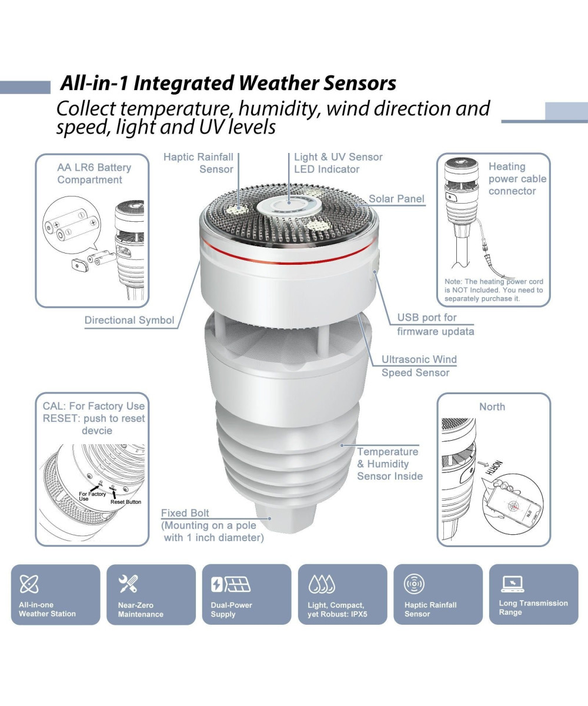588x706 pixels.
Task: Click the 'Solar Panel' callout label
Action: point(396,198)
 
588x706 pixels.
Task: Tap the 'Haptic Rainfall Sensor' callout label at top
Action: point(198,163)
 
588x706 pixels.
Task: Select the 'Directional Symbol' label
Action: point(129,320)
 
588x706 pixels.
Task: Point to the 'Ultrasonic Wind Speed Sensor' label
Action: point(419,366)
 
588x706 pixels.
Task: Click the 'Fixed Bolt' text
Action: point(185,513)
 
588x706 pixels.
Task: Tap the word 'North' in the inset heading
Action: point(492,407)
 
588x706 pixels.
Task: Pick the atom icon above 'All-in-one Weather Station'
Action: point(29,584)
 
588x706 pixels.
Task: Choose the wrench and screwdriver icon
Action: point(128,584)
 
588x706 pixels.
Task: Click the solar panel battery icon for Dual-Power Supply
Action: point(230,584)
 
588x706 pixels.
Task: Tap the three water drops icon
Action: point(322,584)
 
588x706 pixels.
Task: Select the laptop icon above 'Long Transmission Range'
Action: point(512,584)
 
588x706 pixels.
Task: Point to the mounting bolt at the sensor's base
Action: point(286,518)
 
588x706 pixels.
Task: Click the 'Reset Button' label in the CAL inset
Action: point(126,502)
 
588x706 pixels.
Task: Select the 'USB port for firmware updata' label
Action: point(435,324)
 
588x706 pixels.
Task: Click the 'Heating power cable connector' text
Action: point(517,178)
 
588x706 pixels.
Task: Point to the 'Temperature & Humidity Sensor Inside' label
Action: point(390,464)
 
